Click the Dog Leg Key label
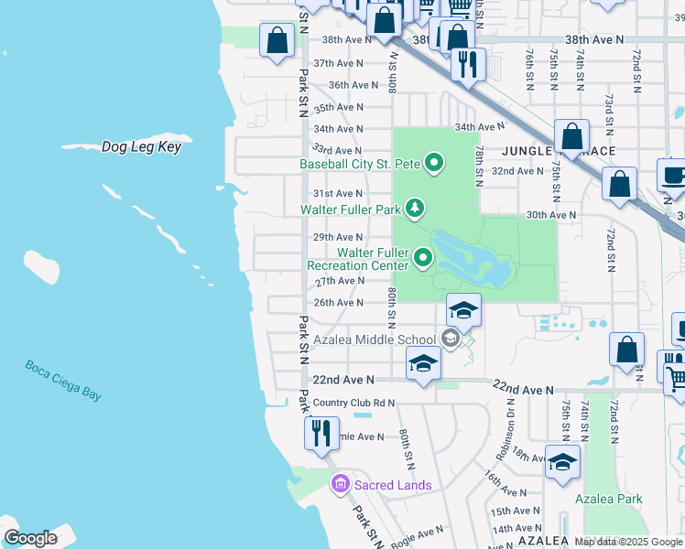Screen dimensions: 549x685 pyautogui.click(x=141, y=146)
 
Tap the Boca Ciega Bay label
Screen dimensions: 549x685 pyautogui.click(x=63, y=380)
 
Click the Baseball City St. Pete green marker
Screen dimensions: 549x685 pyautogui.click(x=434, y=165)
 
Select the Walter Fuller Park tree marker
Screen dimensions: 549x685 pyautogui.click(x=416, y=209)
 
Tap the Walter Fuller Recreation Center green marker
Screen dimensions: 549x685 pyautogui.click(x=423, y=259)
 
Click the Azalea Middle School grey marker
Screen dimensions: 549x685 pyautogui.click(x=450, y=339)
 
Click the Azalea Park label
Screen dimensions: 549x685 pyautogui.click(x=609, y=499)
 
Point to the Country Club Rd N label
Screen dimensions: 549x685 pyautogui.click(x=353, y=403)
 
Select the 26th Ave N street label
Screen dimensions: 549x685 pyautogui.click(x=339, y=303)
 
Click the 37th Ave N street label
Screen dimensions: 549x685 pyautogui.click(x=338, y=64)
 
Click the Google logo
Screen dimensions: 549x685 pyautogui.click(x=30, y=537)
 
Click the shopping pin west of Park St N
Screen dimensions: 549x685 pyautogui.click(x=277, y=41)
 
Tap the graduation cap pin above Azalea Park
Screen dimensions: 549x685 pyautogui.click(x=562, y=461)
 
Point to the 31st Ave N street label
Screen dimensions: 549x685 pyautogui.click(x=338, y=194)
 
